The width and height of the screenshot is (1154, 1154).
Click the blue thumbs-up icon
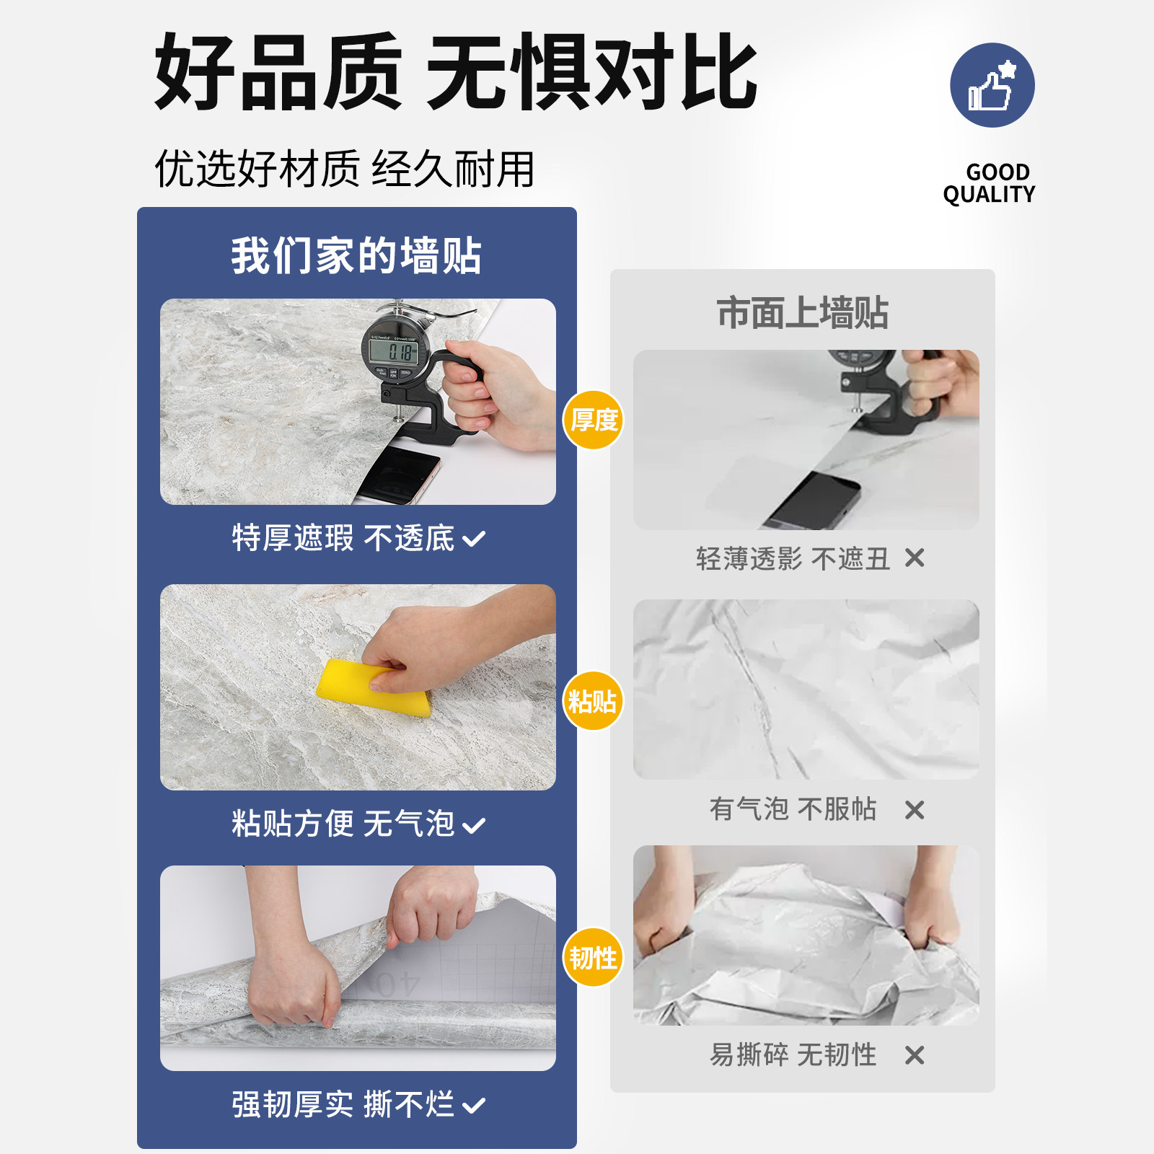(x=992, y=85)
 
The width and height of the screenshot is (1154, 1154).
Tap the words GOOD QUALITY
(x=989, y=183)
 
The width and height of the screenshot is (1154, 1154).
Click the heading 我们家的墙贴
(x=356, y=255)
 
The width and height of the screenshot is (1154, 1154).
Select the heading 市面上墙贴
(x=802, y=313)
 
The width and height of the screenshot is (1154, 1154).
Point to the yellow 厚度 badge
(x=593, y=420)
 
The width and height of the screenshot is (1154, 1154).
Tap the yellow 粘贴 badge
(x=592, y=700)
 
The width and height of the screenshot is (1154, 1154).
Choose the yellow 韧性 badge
(x=593, y=958)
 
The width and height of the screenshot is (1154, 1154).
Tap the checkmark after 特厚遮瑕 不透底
(x=474, y=539)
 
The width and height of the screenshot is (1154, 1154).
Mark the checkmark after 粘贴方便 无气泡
(x=474, y=825)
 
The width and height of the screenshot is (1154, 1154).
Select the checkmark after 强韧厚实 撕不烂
(x=474, y=1105)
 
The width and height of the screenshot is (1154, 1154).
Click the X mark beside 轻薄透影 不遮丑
(x=915, y=558)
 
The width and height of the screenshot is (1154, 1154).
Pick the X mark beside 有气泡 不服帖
(x=915, y=810)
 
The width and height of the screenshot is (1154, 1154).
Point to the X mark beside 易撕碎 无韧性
(x=915, y=1055)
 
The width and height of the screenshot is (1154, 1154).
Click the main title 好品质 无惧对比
(x=456, y=72)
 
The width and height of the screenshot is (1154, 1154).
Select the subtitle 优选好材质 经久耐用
(x=345, y=169)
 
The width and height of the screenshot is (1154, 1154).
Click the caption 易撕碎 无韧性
(x=793, y=1055)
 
